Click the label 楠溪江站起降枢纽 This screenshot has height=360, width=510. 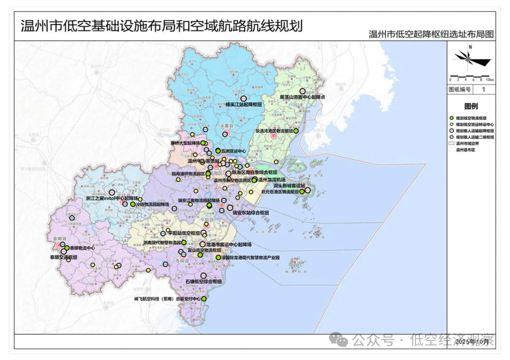point(244,104)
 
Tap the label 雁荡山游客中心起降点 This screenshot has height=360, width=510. point(303,97)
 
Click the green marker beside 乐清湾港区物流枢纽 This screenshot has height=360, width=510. point(297,131)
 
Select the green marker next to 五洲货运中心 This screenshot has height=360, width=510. point(218,151)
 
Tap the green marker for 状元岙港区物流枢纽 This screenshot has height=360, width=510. point(302,192)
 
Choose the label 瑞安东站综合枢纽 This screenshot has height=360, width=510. point(251,213)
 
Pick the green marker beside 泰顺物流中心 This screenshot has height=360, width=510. point(67,248)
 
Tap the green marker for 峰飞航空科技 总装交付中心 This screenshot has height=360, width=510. point(204,299)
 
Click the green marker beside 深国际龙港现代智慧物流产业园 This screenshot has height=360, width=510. point(218,258)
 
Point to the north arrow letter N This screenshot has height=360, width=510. point(471,47)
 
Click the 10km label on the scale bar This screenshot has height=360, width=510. point(490,80)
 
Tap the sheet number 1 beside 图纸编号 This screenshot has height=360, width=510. point(483,89)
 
